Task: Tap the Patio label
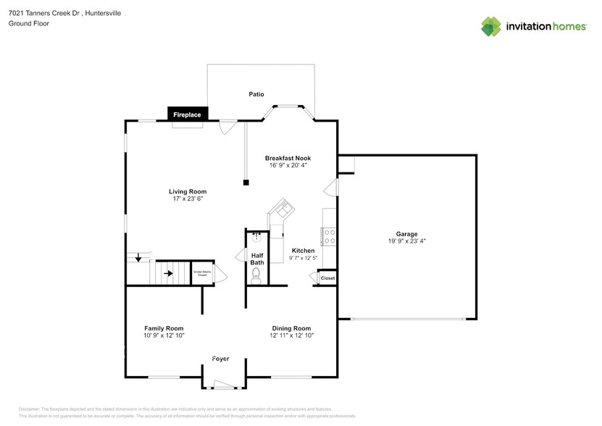256,94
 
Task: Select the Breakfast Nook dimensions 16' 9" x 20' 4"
288,164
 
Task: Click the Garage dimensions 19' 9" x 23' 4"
406,241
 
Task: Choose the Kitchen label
303,251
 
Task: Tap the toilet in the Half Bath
256,274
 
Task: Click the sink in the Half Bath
256,236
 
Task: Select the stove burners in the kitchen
327,236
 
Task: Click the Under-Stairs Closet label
201,273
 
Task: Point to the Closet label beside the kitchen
327,278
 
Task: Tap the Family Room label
163,327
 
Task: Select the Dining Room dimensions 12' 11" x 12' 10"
291,335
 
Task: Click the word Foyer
221,359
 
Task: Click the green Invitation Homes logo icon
492,27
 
